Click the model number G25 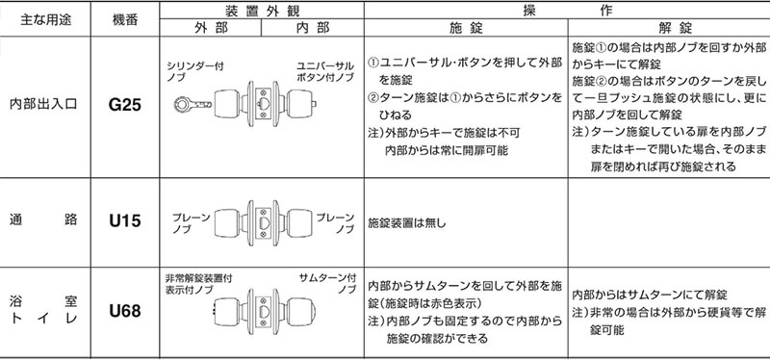(125, 105)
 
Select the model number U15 (125, 220)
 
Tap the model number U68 (125, 311)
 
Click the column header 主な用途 (45, 19)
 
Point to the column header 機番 (125, 19)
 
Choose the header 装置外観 (262, 11)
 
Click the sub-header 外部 (211, 28)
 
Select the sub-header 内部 (312, 28)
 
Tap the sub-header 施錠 (466, 28)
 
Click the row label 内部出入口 (43, 105)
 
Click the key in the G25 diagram (192, 104)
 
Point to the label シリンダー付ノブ (195, 72)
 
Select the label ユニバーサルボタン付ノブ (324, 72)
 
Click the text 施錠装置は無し (407, 223)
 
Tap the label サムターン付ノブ (327, 283)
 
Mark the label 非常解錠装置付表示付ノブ (199, 284)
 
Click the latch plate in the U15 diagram (264, 221)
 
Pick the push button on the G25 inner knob (315, 104)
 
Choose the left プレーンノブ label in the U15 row (191, 223)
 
